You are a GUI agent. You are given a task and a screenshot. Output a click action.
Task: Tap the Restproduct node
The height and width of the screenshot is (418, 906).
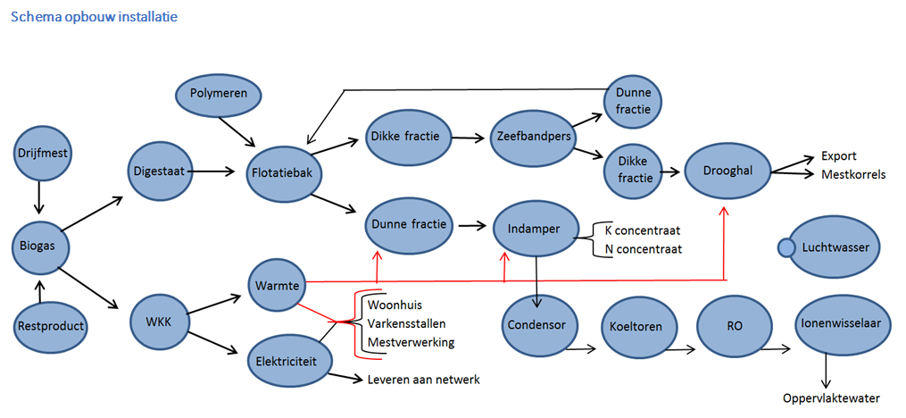point(51,326)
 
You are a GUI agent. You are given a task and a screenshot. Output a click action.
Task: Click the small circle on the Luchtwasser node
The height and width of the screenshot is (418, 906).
point(786,247)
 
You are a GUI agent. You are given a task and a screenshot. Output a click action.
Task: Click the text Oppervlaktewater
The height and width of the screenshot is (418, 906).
point(832,397)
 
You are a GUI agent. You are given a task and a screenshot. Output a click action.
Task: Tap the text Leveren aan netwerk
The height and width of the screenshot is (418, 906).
point(424,380)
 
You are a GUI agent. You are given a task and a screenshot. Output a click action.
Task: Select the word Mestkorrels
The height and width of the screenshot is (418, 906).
point(853,174)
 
